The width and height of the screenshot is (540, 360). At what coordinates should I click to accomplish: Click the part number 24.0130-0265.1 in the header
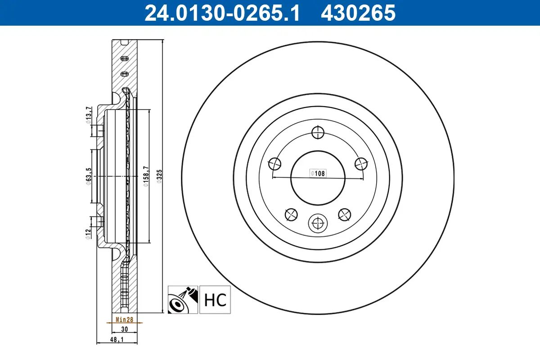pyautogui.click(x=221, y=13)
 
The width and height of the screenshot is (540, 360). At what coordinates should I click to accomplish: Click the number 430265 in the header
pyautogui.click(x=358, y=13)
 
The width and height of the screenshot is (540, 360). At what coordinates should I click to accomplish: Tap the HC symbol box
pyautogui.click(x=215, y=300)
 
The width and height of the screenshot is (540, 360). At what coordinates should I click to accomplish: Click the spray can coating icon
pyautogui.click(x=183, y=300)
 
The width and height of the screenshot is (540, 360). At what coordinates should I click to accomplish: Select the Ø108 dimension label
pyautogui.click(x=317, y=173)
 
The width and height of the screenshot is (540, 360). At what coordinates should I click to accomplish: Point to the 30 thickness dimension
pyautogui.click(x=125, y=329)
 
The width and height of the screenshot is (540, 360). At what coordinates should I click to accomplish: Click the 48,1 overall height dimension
pyautogui.click(x=117, y=341)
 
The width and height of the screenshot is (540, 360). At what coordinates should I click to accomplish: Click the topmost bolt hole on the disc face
pyautogui.click(x=318, y=132)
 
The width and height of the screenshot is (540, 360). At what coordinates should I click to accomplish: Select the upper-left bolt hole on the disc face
pyautogui.click(x=274, y=164)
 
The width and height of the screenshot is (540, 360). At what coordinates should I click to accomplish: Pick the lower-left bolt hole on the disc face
pyautogui.click(x=291, y=215)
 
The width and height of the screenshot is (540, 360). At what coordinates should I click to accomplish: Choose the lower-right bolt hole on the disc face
pyautogui.click(x=345, y=215)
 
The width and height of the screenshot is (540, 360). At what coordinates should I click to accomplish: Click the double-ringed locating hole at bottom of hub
pyautogui.click(x=318, y=222)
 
